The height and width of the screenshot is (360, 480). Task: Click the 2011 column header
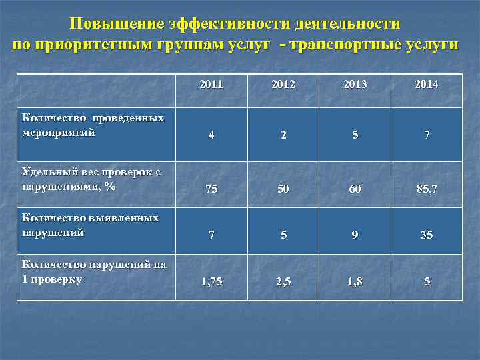click(x=211, y=85)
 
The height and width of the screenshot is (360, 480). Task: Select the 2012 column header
click(x=283, y=85)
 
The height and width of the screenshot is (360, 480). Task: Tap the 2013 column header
click(x=355, y=85)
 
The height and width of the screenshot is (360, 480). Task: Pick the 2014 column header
click(x=427, y=85)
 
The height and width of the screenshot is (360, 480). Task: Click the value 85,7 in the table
click(x=427, y=189)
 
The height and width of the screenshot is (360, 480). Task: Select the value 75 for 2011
click(x=211, y=189)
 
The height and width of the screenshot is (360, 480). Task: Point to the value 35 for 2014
click(x=427, y=235)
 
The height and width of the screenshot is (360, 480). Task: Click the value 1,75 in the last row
click(x=211, y=282)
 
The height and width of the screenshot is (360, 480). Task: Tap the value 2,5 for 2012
click(x=283, y=282)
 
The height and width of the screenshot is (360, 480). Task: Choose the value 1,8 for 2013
click(x=355, y=282)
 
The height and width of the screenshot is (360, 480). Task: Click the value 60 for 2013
click(x=355, y=189)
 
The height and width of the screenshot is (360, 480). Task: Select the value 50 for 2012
click(x=283, y=189)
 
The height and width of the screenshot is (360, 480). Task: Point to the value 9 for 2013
click(x=355, y=235)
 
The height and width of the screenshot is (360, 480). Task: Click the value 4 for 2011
click(x=211, y=135)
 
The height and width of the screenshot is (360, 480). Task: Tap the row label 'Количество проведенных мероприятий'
click(x=93, y=125)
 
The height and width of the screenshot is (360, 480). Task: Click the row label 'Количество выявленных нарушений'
click(x=90, y=225)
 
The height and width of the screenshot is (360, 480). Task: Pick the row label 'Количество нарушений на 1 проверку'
click(x=93, y=271)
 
